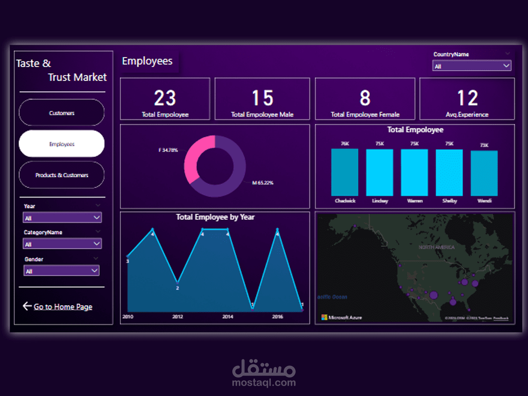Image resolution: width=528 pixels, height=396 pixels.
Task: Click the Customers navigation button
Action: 62,112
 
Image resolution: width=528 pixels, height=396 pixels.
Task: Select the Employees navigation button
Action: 62,144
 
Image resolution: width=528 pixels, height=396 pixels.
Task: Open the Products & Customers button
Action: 62,175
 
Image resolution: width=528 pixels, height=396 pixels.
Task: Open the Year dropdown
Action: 62,218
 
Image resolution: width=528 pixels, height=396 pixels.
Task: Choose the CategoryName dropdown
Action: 62,244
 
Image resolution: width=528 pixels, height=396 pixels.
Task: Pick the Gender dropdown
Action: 61,271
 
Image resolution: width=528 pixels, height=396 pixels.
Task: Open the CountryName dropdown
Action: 472,66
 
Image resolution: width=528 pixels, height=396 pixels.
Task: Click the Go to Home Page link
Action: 62,307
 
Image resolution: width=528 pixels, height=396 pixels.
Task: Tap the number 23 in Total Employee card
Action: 165,98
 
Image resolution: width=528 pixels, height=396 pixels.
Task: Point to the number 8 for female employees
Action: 365,98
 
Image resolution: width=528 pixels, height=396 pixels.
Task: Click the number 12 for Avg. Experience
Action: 467,98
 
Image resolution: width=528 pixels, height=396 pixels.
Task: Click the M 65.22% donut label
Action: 262,183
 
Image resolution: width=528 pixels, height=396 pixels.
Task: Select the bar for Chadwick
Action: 345,172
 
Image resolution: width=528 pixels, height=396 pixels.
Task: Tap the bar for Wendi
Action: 484,173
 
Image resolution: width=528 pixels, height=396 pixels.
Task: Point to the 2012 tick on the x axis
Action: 177,317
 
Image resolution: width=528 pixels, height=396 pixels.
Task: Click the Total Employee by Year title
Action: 215,217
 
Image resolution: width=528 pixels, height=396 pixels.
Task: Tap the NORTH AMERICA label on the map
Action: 437,247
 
